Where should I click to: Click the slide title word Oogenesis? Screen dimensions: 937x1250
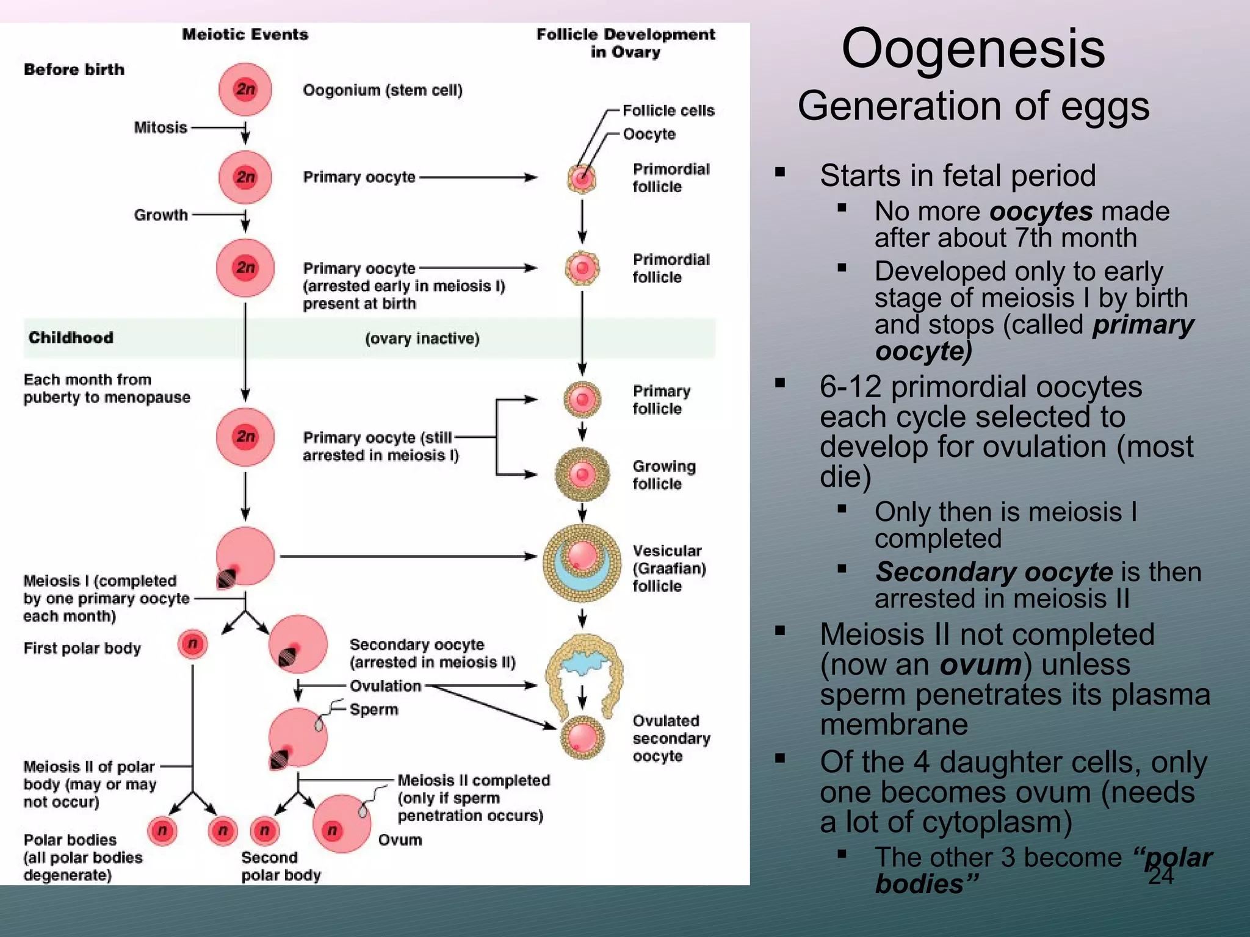[x=973, y=49]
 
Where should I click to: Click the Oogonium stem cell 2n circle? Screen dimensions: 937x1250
[x=245, y=90]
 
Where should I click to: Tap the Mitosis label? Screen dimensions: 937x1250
[x=161, y=127]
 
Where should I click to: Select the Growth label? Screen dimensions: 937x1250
[x=161, y=215]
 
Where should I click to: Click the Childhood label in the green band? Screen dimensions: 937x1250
[x=71, y=337]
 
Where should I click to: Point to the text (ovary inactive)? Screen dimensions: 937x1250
[x=422, y=339]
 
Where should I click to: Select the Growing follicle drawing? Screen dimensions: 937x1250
[x=582, y=474]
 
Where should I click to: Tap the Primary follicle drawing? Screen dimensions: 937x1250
[x=582, y=400]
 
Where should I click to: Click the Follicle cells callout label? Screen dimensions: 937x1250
[x=668, y=110]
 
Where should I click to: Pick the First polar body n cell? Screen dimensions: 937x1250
[x=193, y=644]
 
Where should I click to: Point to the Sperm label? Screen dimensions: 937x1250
[x=374, y=709]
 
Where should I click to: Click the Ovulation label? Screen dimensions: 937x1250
[x=385, y=686]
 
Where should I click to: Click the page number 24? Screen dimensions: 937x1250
[x=1160, y=876]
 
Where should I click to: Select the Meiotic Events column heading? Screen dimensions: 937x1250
[x=245, y=34]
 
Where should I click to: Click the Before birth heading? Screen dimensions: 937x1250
[x=74, y=70]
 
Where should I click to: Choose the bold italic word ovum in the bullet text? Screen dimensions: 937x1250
[x=981, y=664]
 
